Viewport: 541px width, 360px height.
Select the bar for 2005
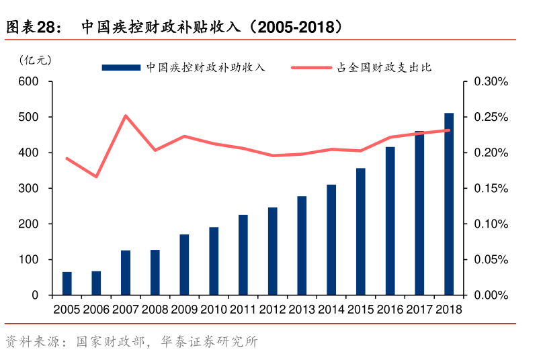tap(67, 283)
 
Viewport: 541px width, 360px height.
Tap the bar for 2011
tap(243, 255)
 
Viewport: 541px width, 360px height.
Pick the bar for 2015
tap(361, 232)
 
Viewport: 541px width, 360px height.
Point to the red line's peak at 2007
tap(126, 116)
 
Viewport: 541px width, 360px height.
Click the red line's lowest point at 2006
tap(96, 177)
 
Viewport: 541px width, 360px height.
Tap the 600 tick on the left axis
tap(29, 82)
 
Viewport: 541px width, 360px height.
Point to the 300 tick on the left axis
tap(29, 189)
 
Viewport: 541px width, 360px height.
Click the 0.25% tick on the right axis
tap(491, 118)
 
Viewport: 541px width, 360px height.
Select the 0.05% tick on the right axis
tap(491, 260)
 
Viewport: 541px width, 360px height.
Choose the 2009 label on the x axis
tap(184, 310)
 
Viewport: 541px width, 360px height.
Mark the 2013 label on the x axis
tap(302, 310)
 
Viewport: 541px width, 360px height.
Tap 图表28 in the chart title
tap(30, 28)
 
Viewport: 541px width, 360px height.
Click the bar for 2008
tap(155, 273)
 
